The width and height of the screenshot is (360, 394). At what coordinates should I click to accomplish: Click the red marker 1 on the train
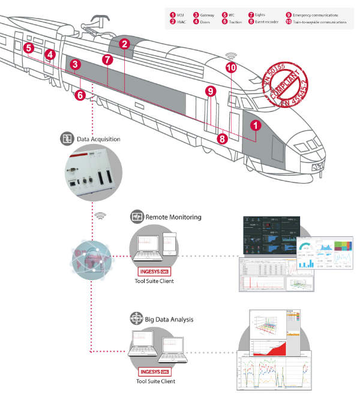(x=256, y=125)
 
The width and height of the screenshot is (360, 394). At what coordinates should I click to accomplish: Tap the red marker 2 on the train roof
(x=124, y=44)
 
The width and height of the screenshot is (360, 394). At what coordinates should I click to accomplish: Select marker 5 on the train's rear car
(x=28, y=47)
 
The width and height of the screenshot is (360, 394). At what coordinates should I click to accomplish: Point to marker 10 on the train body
(x=231, y=68)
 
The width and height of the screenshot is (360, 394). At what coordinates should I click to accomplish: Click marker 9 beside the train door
(x=209, y=91)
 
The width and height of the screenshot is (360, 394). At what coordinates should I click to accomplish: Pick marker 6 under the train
(x=80, y=94)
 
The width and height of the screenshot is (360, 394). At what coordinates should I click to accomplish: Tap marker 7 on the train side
(x=107, y=59)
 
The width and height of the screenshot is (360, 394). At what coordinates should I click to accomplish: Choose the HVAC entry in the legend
(x=181, y=22)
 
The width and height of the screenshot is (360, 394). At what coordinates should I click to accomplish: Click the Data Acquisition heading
(x=98, y=139)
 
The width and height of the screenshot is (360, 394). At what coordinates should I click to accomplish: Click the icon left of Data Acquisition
(x=67, y=139)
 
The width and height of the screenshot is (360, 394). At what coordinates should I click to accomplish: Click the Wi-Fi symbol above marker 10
(x=231, y=55)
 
